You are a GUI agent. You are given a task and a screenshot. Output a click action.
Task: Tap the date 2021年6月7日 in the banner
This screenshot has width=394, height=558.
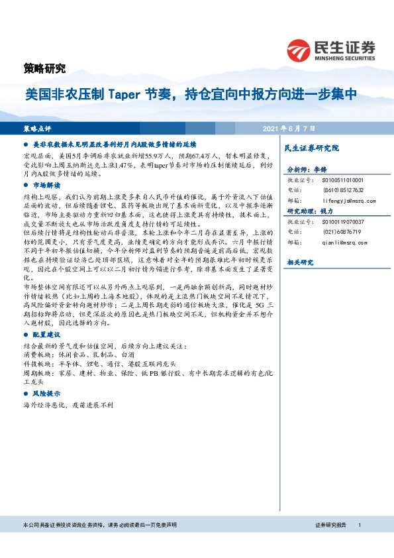pos(289,127)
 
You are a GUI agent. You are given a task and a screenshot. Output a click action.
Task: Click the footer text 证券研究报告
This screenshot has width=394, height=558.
pos(331,525)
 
